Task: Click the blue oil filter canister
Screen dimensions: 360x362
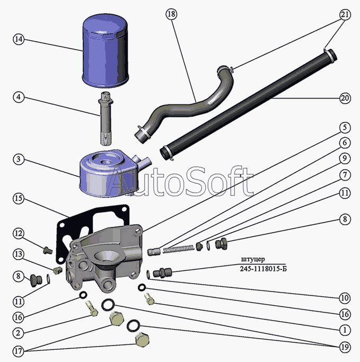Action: (x=105, y=51)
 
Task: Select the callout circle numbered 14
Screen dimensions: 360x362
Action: (x=19, y=39)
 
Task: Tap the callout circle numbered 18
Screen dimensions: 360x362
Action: (x=171, y=14)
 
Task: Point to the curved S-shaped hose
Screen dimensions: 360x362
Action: (x=185, y=104)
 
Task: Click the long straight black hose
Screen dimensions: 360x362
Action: (x=248, y=105)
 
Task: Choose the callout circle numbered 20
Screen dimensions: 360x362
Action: (x=345, y=99)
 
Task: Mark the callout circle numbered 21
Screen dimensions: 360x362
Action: (x=345, y=15)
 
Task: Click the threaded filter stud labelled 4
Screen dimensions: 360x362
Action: (x=106, y=118)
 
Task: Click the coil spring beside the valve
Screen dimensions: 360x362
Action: (x=178, y=249)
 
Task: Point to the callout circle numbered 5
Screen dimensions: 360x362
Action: (x=345, y=128)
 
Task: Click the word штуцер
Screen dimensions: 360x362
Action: (x=253, y=260)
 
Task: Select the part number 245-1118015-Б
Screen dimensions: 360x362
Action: (x=264, y=269)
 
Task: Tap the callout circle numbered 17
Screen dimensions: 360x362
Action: (x=18, y=351)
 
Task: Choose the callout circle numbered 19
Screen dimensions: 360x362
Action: (x=345, y=347)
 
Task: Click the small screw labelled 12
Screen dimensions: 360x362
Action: (x=48, y=250)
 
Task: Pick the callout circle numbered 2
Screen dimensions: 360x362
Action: (x=18, y=333)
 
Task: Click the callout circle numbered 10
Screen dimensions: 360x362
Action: (x=345, y=298)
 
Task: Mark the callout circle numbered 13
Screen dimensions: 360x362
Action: (x=19, y=254)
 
